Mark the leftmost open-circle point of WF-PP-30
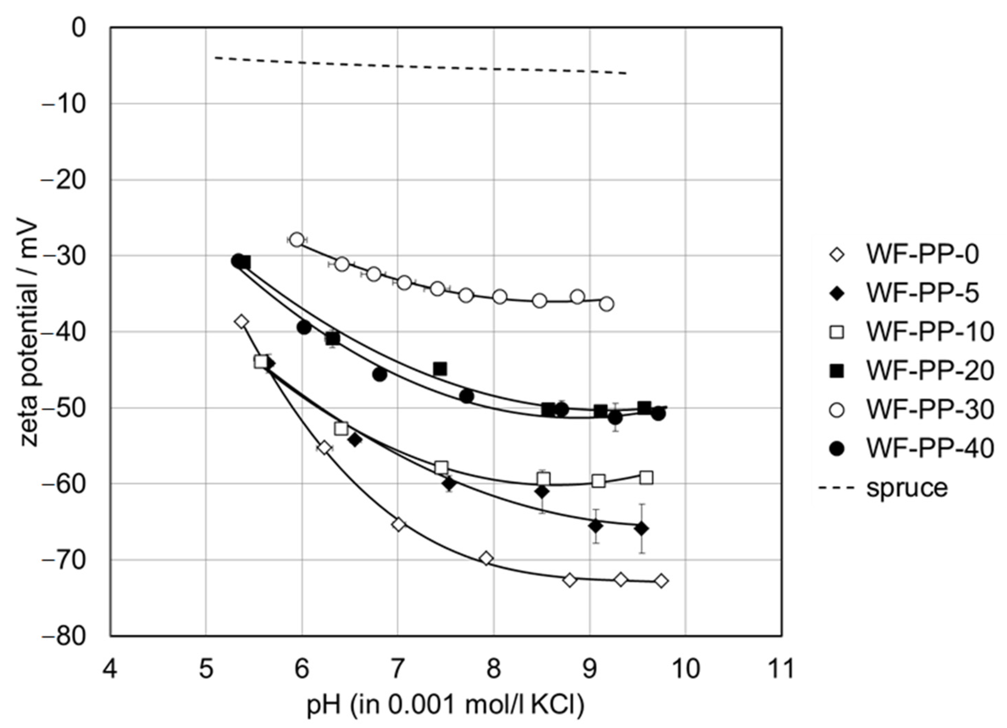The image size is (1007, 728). coord(297,240)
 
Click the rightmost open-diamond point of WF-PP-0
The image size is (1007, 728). coord(661,581)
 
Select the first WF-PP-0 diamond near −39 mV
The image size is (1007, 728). coord(242,322)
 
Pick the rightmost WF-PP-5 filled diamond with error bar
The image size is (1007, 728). coord(641,529)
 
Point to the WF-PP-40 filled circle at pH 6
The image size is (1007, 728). coord(304,328)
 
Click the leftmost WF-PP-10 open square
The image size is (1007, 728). coord(261,362)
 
